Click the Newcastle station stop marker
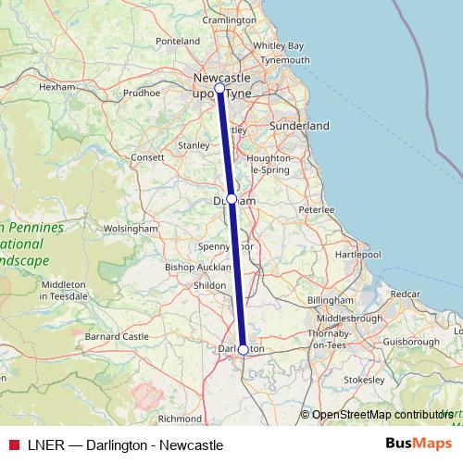point(219,89)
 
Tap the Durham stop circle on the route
point(231,199)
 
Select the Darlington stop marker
point(243,349)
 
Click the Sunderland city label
point(299,125)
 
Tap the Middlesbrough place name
point(350,319)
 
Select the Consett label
point(146,157)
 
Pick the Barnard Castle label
point(118,336)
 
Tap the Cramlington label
point(229,19)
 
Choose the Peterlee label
point(316,210)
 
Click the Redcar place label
point(405,294)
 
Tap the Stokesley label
point(363,380)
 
